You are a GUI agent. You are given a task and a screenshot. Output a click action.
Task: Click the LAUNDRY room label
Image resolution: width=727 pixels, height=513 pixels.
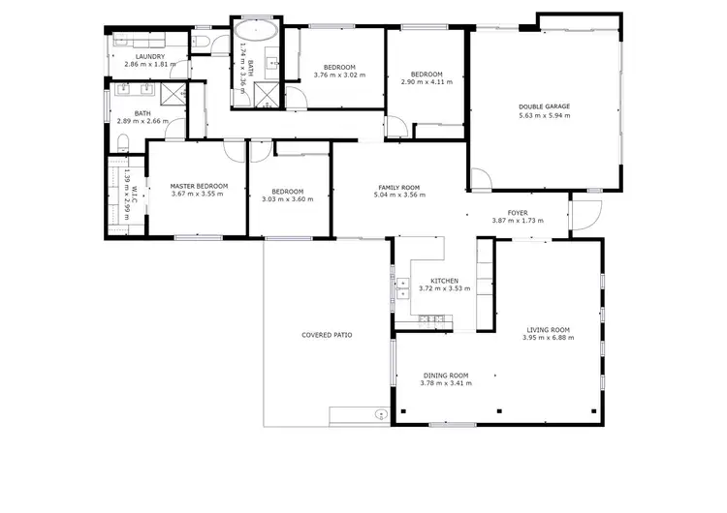[148, 56]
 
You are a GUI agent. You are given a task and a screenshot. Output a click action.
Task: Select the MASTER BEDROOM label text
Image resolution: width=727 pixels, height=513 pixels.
[199, 186]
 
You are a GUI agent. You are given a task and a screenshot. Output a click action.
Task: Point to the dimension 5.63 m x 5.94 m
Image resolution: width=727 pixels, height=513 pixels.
[543, 115]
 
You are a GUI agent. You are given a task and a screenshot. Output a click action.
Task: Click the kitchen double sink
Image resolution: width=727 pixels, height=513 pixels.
[402, 287]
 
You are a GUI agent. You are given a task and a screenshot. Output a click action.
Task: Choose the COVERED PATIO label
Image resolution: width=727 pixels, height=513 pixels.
[327, 335]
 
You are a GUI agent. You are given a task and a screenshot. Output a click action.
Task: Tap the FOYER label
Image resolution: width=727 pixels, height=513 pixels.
[518, 213]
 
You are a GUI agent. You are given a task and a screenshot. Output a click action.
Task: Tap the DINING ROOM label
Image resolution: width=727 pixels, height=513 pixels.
[446, 376]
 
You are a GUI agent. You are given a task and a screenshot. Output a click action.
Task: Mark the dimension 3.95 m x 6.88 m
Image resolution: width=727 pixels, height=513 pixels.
[548, 338]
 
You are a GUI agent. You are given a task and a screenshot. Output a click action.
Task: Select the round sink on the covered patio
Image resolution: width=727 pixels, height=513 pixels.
[377, 414]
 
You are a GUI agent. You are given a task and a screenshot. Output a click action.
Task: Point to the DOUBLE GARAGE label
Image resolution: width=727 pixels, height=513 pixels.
[543, 106]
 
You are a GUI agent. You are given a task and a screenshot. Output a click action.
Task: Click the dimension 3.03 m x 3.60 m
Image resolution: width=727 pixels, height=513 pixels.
[288, 199]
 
